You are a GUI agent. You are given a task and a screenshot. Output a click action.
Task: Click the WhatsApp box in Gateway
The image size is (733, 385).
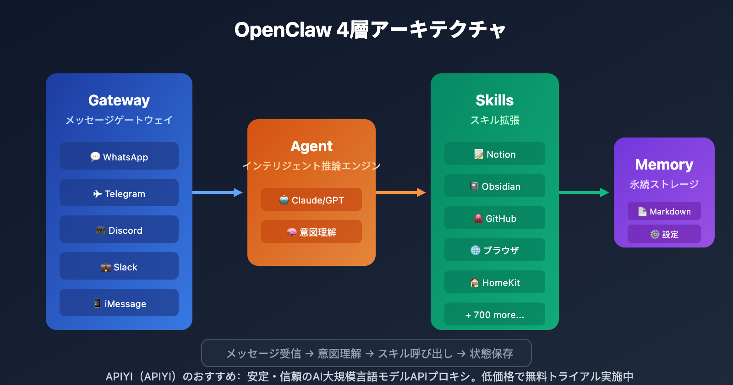click(x=119, y=156)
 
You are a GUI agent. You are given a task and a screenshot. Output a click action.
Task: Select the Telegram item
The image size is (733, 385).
click(x=119, y=193)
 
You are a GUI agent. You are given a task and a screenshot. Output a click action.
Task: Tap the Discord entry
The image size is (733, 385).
click(x=119, y=230)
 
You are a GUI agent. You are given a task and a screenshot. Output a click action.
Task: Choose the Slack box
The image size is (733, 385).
click(x=119, y=266)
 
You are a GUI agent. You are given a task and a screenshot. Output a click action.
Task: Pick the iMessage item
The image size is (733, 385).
click(x=119, y=303)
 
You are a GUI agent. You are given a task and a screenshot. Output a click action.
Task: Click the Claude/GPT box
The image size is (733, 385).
click(x=312, y=200)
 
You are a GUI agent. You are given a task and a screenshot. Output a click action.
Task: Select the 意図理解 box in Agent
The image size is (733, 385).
click(x=312, y=232)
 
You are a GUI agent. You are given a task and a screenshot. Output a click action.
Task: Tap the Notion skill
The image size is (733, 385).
click(x=495, y=154)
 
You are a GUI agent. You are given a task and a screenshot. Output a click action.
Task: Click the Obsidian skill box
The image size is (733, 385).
click(x=495, y=186)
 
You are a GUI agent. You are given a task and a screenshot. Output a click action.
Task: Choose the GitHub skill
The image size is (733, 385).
click(x=495, y=218)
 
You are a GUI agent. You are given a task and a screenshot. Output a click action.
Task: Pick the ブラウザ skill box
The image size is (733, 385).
click(x=495, y=250)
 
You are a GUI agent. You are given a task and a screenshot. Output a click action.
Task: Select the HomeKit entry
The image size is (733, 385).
click(x=495, y=282)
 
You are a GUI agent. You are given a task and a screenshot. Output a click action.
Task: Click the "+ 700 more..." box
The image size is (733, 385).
click(x=495, y=314)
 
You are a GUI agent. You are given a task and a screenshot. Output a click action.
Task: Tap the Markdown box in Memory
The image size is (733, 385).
click(x=664, y=211)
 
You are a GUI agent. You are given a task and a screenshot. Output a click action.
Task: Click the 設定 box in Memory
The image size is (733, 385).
click(x=664, y=234)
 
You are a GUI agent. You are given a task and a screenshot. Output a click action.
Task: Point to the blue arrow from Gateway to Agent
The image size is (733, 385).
click(x=218, y=192)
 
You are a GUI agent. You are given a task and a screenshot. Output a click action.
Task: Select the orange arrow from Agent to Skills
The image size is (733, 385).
click(x=401, y=192)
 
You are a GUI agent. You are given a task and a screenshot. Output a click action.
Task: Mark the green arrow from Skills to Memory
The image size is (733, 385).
click(x=584, y=192)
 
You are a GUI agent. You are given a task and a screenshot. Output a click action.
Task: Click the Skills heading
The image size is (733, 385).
click(x=495, y=100)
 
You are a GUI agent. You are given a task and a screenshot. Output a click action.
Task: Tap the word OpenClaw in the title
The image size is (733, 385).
click(x=283, y=30)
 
